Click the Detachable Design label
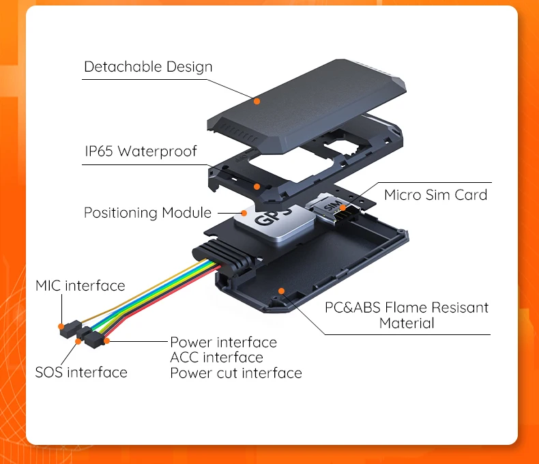tap(148, 67)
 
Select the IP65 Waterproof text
tap(140, 151)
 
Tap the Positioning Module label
tap(147, 213)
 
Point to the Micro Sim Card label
tap(435, 195)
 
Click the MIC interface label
tap(81, 286)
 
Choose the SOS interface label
tap(81, 373)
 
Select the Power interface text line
tap(223, 343)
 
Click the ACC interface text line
tap(216, 358)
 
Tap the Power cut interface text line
tap(235, 373)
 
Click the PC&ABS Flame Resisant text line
tap(406, 308)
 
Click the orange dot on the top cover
tap(257, 101)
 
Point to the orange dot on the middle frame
tap(257, 186)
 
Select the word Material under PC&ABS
tap(406, 323)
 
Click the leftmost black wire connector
tap(65, 331)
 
